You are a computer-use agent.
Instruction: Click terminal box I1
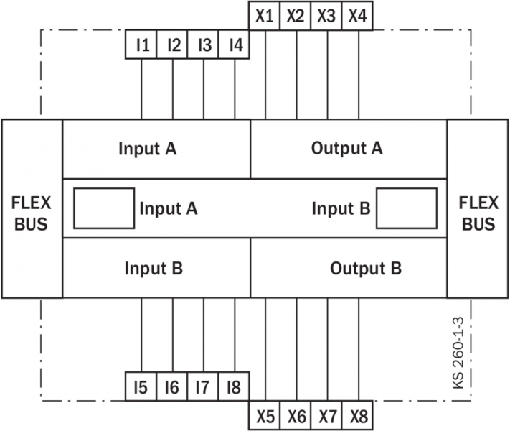click(x=142, y=45)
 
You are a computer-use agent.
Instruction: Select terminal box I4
click(x=235, y=45)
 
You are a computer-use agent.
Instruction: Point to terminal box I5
click(x=141, y=388)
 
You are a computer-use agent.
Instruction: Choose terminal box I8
click(x=233, y=388)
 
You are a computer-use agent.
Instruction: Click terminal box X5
click(x=265, y=416)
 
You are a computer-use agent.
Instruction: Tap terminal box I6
click(x=172, y=388)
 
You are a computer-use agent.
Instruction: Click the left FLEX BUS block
click(x=32, y=208)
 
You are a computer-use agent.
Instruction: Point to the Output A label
click(x=347, y=149)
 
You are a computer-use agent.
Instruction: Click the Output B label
click(x=366, y=269)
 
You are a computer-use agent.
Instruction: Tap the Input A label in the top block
click(x=148, y=149)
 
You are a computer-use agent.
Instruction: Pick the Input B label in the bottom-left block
click(x=154, y=269)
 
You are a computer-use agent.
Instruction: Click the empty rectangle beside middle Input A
click(x=104, y=208)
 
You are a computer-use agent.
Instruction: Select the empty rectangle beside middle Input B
click(x=407, y=208)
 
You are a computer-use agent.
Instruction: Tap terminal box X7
click(x=327, y=416)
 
